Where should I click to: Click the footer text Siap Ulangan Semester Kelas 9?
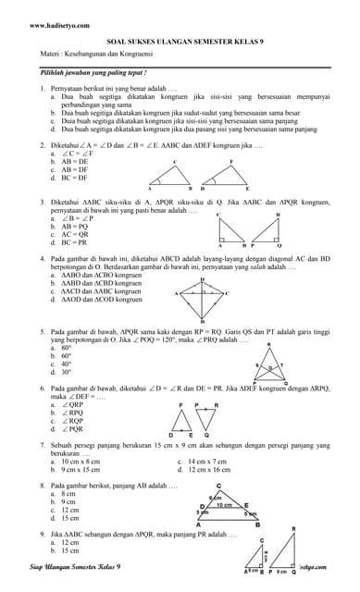[x=78, y=564]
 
